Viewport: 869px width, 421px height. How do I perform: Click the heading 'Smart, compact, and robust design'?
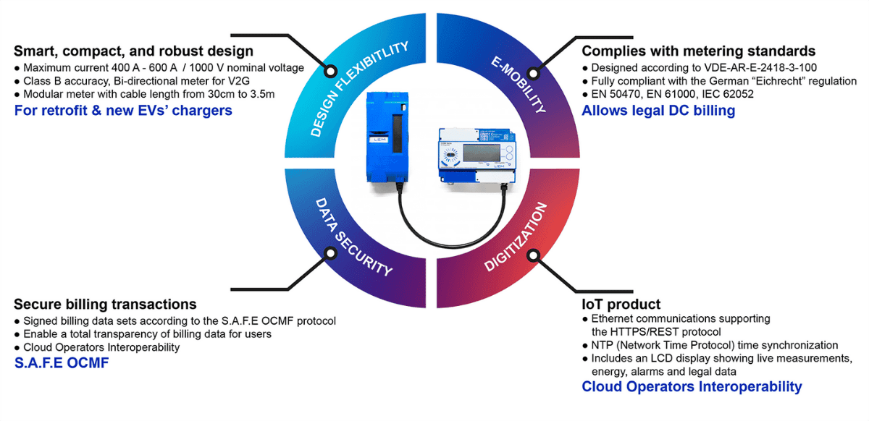point(134,51)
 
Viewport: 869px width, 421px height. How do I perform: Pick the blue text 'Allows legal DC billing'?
point(658,111)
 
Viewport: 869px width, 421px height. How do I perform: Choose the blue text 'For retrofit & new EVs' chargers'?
point(123,111)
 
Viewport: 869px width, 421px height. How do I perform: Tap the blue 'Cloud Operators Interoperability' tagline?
point(692,387)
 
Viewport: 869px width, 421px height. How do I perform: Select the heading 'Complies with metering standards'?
point(699,51)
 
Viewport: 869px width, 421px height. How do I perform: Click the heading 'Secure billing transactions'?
point(105,304)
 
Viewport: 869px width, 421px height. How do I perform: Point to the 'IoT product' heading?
point(621,304)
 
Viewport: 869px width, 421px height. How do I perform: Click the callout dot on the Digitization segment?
point(535,255)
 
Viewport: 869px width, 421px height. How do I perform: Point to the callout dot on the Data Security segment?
point(330,255)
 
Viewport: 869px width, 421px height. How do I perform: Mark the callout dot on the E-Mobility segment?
point(535,71)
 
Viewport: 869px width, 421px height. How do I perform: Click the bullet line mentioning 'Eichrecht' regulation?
point(724,82)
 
